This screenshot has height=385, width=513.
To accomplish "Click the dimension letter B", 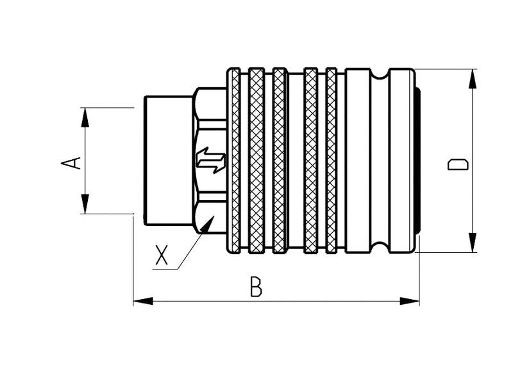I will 256,287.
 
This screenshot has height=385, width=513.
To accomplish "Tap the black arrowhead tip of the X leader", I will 206,224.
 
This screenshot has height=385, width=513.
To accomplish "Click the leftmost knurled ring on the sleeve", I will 235,160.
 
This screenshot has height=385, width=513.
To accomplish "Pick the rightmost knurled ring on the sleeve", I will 331,160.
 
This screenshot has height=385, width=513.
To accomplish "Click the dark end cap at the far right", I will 417,160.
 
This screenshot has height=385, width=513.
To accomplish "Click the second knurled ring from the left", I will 256,160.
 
